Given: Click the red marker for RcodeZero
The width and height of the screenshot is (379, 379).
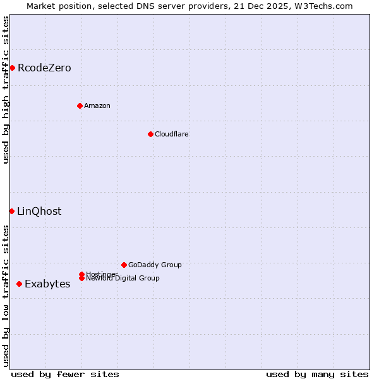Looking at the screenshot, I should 12,68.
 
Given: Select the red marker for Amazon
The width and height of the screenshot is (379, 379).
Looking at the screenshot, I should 80,105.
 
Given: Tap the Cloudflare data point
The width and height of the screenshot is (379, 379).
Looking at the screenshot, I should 150,134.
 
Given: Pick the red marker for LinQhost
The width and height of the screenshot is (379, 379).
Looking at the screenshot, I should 11,211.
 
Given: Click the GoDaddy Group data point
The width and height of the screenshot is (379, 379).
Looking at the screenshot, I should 124,265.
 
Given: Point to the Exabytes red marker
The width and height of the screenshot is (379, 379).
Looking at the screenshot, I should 19,284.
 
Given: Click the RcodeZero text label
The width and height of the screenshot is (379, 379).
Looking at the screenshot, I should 44,68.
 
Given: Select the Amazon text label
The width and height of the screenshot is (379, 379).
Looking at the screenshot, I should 97,105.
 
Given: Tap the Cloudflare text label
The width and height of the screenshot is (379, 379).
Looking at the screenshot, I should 172,134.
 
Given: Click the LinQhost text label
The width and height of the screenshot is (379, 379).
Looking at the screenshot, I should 39,211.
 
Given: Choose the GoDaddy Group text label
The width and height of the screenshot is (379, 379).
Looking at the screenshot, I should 155,265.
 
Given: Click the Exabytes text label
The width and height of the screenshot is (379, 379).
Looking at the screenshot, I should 47,284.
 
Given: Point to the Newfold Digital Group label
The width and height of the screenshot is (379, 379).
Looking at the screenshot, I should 123,279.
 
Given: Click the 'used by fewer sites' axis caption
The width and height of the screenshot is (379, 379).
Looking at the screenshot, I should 65,374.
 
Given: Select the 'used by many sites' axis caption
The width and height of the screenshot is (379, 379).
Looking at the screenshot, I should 317,374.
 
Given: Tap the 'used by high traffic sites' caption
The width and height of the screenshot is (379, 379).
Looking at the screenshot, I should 6,90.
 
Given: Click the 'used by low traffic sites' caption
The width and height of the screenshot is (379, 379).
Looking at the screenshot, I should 6,296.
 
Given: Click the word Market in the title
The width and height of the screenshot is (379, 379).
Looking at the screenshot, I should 42,6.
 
